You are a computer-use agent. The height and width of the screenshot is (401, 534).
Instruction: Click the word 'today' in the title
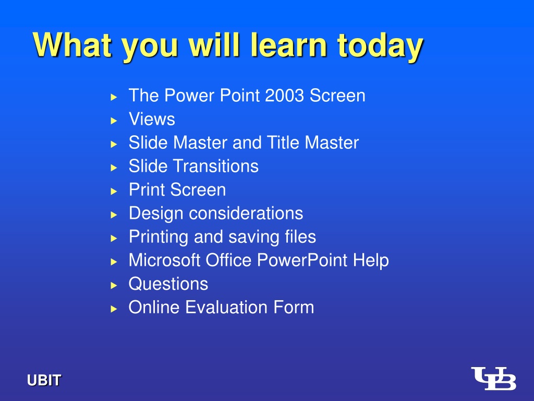[x=380, y=46]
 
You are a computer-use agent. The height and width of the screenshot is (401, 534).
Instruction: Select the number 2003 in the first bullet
[x=284, y=96]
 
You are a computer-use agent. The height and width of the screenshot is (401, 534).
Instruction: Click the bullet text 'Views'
[x=152, y=119]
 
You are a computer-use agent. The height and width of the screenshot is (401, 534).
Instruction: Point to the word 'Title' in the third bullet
[x=283, y=143]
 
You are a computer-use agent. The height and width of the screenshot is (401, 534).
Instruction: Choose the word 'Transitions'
[x=216, y=166]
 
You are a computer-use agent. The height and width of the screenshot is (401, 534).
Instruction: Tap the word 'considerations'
[x=246, y=214]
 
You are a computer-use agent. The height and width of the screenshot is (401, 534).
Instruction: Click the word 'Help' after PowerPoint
[x=371, y=261]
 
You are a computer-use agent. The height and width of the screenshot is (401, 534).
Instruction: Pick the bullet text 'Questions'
[x=168, y=284]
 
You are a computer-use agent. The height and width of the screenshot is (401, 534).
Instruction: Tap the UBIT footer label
[x=44, y=380]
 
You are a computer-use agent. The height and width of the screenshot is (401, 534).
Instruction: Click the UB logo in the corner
[x=493, y=378]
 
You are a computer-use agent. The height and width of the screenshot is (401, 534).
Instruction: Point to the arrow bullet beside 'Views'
[x=114, y=121]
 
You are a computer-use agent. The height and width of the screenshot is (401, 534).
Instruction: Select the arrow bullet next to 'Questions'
[x=114, y=286]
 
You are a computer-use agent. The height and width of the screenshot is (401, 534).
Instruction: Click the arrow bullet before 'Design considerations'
[x=114, y=215]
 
